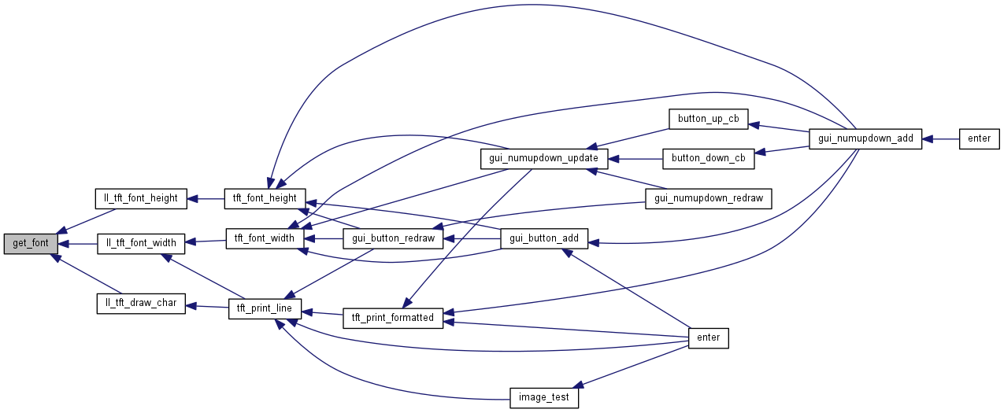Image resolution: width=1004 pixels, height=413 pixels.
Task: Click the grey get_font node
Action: coord(31,244)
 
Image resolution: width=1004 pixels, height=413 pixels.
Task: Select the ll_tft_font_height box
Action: coord(141,198)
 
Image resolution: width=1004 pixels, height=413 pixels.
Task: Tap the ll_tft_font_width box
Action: coord(141,243)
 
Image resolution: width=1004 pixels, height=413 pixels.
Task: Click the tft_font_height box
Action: coord(261,198)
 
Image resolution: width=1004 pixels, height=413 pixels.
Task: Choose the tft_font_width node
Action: coord(261,238)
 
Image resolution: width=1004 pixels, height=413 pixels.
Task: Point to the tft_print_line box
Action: coord(261,308)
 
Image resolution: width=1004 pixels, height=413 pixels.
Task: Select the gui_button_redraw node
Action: coord(393,238)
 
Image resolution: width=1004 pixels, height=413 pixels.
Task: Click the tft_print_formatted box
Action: coord(393,318)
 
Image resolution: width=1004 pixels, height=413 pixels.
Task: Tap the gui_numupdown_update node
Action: coord(544,158)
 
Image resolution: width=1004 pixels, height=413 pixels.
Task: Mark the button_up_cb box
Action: coord(708,120)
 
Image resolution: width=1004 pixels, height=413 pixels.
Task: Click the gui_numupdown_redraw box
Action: coord(708,198)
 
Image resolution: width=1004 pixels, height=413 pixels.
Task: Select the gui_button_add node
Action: coord(544,238)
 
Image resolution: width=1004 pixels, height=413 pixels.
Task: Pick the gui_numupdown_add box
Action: coord(865,138)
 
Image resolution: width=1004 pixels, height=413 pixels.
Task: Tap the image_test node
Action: coord(544,398)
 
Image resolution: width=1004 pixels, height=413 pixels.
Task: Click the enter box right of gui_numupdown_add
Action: coord(979,138)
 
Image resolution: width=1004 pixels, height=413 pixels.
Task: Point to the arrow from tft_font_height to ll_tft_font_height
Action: coord(206,198)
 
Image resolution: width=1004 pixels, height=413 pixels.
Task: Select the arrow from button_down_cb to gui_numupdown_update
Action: coord(635,158)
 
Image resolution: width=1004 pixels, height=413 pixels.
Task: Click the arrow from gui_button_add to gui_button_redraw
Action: coord(473,238)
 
